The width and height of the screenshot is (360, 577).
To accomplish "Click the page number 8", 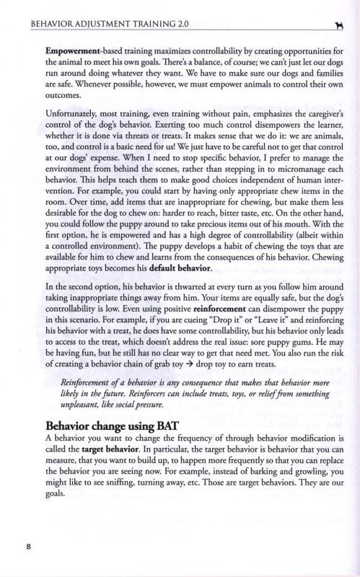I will click(28, 545).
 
